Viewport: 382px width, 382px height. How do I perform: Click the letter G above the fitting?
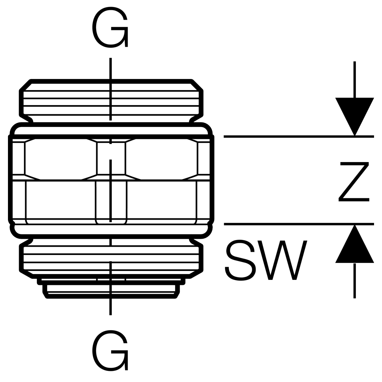[x=110, y=28]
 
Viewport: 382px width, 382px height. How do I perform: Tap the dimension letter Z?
[x=354, y=182]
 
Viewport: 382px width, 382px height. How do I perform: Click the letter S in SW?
[x=241, y=260]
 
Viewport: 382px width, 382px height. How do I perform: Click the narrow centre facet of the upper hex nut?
[x=111, y=158]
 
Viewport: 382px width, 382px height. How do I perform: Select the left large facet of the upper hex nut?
[x=60, y=158]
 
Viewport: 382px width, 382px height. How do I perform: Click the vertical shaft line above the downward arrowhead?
[x=354, y=80]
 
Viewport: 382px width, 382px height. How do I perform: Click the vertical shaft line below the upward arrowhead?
[x=354, y=280]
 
